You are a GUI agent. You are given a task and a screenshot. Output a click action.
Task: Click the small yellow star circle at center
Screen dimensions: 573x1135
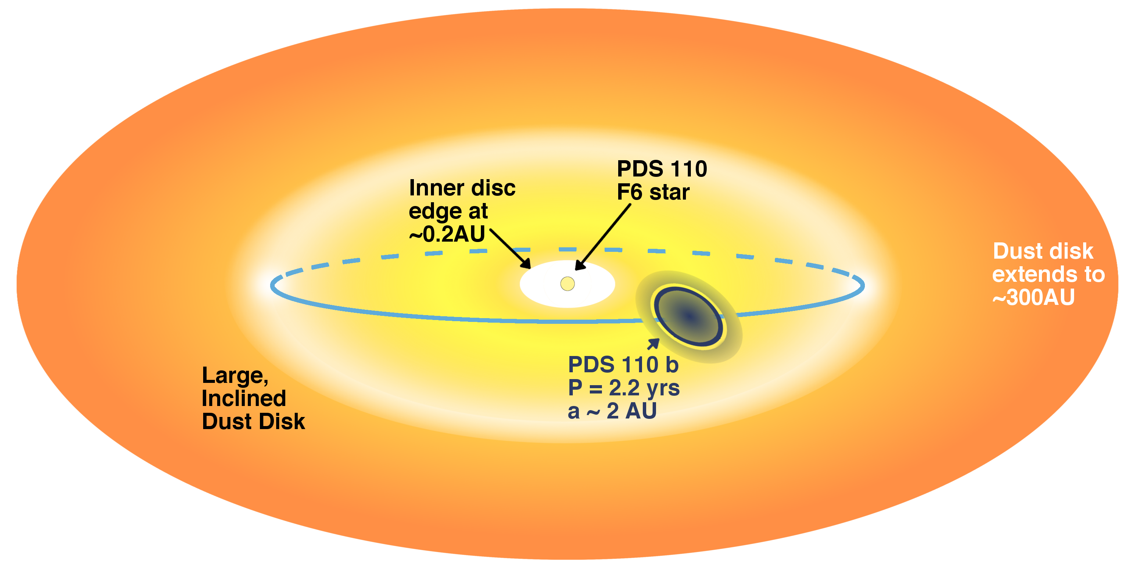click(567, 284)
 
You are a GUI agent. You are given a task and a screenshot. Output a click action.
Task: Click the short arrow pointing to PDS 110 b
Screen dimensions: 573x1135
click(653, 343)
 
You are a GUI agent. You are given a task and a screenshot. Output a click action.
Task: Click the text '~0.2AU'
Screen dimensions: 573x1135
click(447, 234)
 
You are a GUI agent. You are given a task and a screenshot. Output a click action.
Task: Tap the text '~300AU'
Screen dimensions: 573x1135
click(1033, 297)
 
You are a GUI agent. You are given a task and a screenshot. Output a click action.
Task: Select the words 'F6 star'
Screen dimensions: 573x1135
click(653, 192)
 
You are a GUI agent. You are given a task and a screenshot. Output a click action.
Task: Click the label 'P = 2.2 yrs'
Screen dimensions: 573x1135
click(623, 388)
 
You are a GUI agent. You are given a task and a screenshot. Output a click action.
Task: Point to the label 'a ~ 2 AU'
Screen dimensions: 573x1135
click(612, 411)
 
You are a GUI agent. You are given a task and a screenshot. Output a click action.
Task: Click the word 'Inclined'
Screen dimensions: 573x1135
click(244, 398)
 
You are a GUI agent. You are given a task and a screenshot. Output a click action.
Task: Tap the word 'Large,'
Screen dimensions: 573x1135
click(235, 376)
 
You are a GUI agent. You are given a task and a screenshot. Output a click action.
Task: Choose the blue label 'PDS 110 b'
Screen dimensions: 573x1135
click(623, 365)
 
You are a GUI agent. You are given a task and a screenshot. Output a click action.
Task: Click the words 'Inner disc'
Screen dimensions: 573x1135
click(462, 188)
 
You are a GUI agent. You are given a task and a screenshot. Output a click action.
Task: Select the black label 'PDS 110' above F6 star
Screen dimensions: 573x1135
click(662, 169)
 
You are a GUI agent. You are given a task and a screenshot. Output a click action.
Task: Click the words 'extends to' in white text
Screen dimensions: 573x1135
click(1048, 274)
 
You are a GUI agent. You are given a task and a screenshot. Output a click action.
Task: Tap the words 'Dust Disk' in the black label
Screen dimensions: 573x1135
click(253, 422)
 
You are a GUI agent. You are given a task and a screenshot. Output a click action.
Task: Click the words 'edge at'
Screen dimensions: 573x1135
click(448, 211)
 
